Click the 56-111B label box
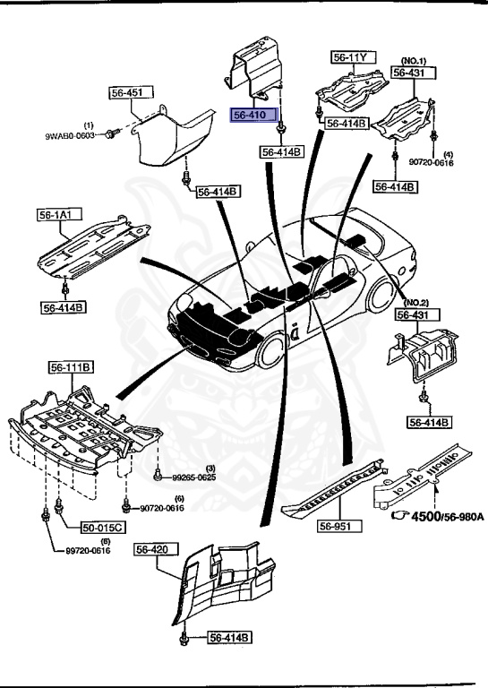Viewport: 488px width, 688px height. [x=73, y=367]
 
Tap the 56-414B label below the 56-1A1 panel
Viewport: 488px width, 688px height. [x=63, y=307]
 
